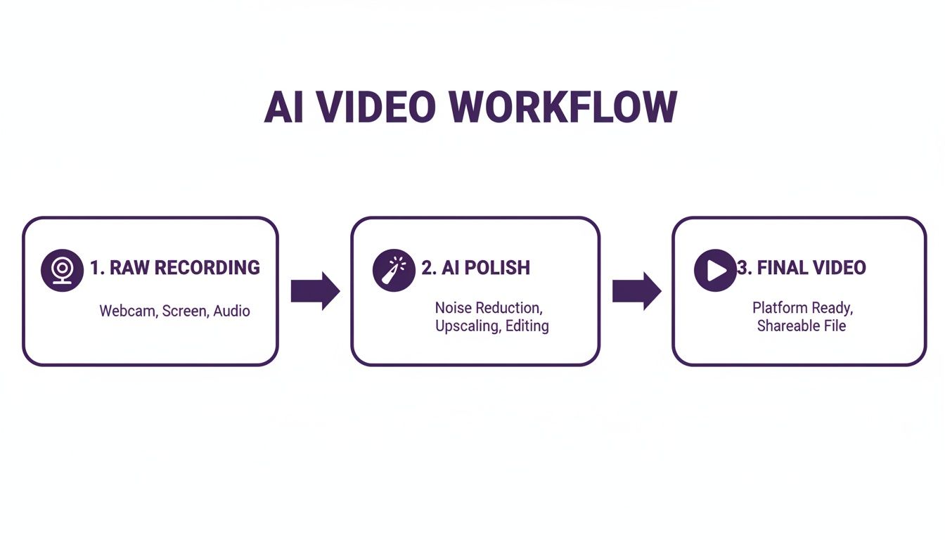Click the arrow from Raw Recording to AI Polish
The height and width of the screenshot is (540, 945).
315,290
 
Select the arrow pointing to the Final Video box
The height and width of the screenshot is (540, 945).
636,290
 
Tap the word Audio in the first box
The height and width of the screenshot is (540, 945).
232,311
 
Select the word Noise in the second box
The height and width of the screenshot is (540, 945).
454,308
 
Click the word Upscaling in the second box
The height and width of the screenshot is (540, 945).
466,326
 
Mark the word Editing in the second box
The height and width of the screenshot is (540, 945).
527,326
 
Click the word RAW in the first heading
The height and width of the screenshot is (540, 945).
129,268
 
